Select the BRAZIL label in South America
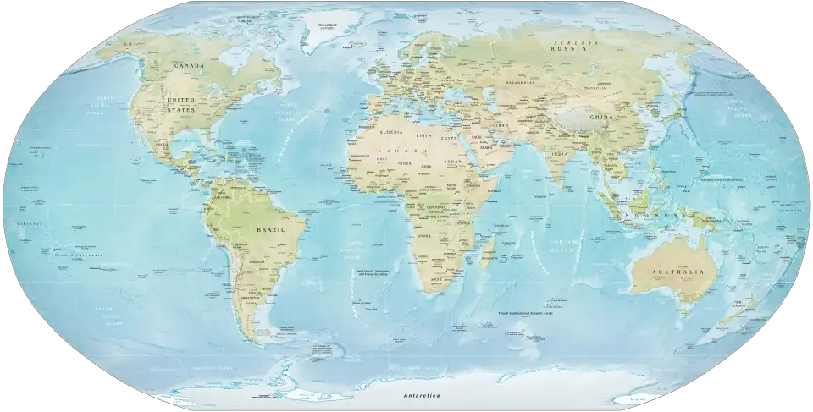pyautogui.click(x=272, y=228)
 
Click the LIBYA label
pyautogui.click(x=424, y=135)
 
